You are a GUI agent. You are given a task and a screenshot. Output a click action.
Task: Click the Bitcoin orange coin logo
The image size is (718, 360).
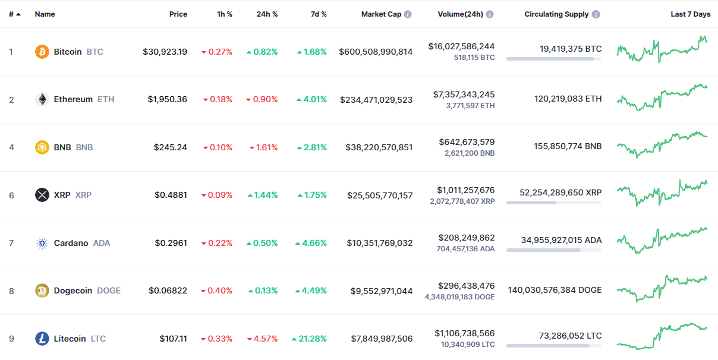click(x=42, y=52)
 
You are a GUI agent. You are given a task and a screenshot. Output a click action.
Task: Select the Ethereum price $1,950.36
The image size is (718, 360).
click(x=168, y=99)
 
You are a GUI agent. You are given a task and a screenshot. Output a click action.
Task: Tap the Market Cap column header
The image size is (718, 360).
click(x=381, y=14)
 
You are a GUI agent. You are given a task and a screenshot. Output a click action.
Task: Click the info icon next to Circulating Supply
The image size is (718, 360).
click(x=596, y=14)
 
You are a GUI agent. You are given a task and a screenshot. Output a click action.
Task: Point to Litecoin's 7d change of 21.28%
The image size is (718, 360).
click(x=309, y=339)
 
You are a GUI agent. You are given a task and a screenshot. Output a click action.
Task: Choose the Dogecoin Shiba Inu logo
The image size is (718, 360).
click(x=42, y=290)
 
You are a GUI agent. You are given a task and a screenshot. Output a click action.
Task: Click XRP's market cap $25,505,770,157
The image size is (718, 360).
click(x=380, y=195)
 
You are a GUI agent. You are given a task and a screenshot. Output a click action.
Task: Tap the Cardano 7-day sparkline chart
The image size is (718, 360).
click(x=662, y=240)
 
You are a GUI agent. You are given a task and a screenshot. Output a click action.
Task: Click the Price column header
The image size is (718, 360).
click(x=178, y=14)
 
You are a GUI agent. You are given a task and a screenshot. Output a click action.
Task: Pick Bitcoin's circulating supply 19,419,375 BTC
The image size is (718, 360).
click(x=571, y=49)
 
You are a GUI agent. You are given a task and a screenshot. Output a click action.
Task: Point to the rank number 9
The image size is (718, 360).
click(x=11, y=339)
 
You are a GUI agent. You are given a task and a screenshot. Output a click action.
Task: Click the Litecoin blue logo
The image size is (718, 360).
click(x=42, y=339)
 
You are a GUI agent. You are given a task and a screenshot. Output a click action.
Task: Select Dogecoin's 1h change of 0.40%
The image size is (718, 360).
click(x=217, y=290)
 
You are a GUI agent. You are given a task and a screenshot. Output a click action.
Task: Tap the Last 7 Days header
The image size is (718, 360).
click(x=690, y=14)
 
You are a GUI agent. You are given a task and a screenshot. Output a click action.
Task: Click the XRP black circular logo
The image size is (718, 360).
click(x=42, y=195)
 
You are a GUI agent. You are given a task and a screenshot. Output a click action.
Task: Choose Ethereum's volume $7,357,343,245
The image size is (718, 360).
click(x=464, y=94)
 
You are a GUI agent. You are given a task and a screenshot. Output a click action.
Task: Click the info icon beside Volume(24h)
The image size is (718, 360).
click(x=490, y=14)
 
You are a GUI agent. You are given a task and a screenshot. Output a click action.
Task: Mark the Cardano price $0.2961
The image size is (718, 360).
click(x=171, y=243)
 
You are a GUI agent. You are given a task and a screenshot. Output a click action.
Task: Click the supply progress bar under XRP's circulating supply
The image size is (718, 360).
click(x=553, y=203)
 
